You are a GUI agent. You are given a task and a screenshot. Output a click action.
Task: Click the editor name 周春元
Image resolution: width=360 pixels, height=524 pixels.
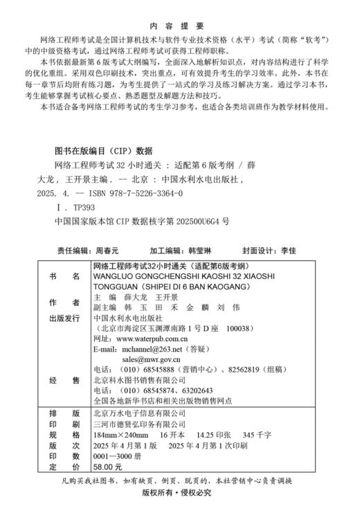point(106,250)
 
